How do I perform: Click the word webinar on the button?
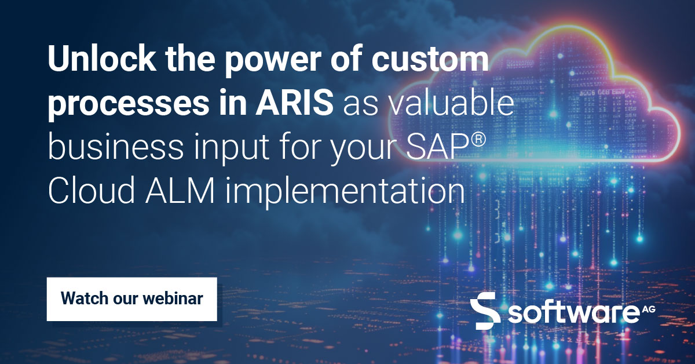coord(174,299)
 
